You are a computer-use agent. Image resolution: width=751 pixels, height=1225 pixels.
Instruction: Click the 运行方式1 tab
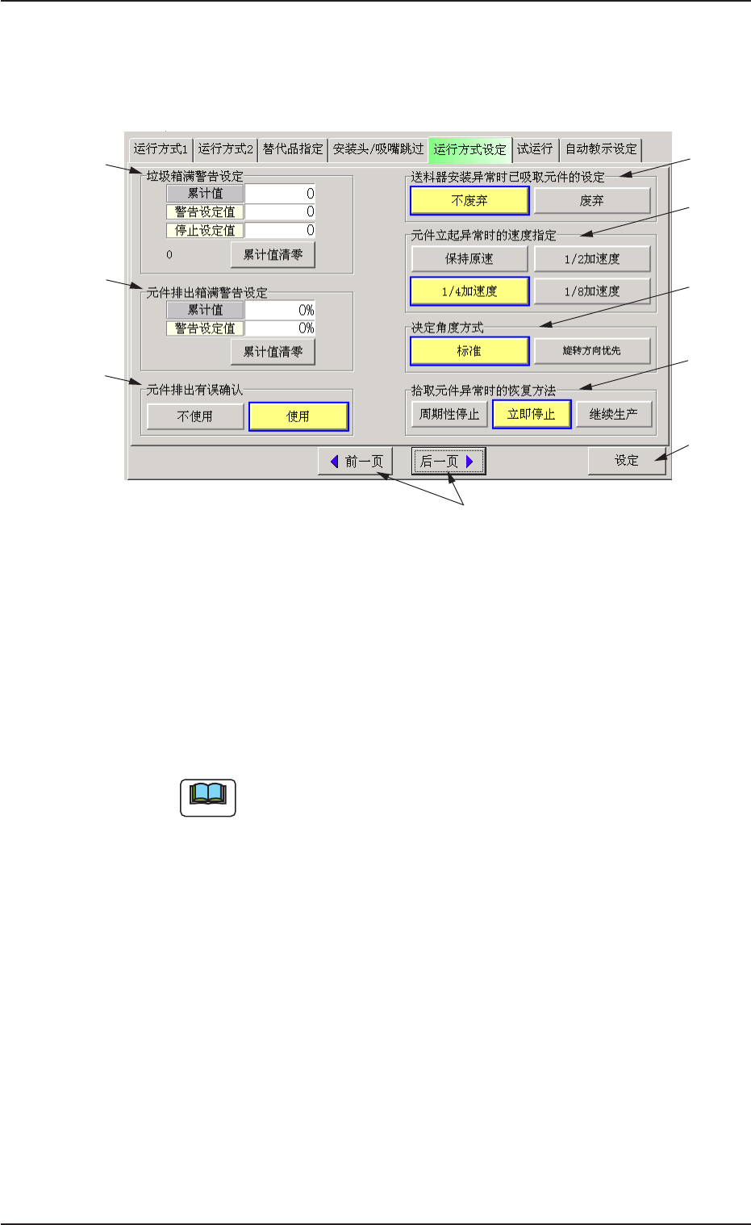(x=161, y=149)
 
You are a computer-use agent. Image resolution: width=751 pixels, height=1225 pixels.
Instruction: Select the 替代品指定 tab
(x=293, y=149)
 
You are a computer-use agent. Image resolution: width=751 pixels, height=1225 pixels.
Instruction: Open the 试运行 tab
(x=535, y=149)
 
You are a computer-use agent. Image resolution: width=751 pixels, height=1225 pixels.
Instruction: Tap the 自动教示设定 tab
(x=601, y=149)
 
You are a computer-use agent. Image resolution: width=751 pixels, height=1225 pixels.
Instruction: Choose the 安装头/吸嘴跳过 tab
(x=378, y=149)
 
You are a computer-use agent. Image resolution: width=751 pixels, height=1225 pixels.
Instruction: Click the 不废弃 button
(x=469, y=201)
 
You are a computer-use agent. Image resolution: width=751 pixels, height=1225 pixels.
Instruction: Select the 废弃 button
(x=592, y=201)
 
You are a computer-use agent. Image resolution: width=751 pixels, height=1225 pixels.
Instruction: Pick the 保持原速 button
(x=469, y=259)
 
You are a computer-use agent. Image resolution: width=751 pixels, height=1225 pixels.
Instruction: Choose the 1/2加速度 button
(x=592, y=259)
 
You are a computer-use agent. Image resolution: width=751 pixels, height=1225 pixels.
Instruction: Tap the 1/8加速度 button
(x=592, y=291)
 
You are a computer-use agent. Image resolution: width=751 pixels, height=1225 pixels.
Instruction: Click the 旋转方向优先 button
(x=592, y=351)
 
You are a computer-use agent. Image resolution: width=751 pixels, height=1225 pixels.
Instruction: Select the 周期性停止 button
(x=449, y=415)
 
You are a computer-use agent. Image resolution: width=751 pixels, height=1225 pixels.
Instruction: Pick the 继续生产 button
(x=614, y=415)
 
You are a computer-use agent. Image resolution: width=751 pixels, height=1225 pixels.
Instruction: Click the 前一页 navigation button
(x=356, y=462)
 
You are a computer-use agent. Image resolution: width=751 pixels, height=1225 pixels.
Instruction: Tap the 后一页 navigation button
(x=449, y=462)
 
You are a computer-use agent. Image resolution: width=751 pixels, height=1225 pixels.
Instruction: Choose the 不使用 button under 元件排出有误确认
(x=195, y=416)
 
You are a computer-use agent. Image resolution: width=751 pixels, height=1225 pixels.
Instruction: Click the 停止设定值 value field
(x=280, y=231)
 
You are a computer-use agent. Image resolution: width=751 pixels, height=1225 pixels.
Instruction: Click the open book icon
(x=208, y=797)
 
